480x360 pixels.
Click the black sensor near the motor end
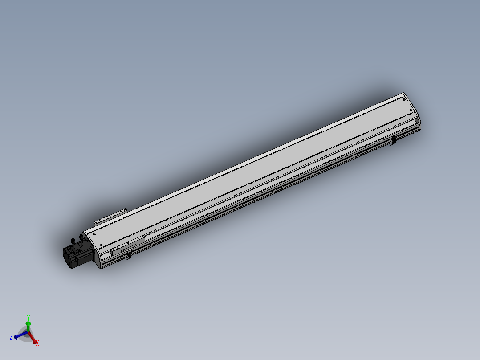130,255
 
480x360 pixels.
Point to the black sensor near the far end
394,141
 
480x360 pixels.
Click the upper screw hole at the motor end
94,234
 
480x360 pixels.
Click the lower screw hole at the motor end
101,245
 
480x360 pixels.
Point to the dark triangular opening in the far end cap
417,120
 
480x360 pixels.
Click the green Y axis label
28,318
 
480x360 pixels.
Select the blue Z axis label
11,336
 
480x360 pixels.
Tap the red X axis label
37,343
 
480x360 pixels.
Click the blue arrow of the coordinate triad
19,336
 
